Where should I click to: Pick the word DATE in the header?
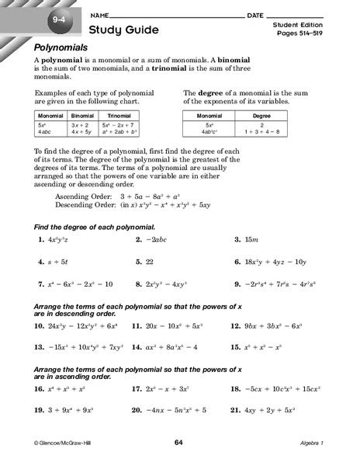point(254,16)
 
